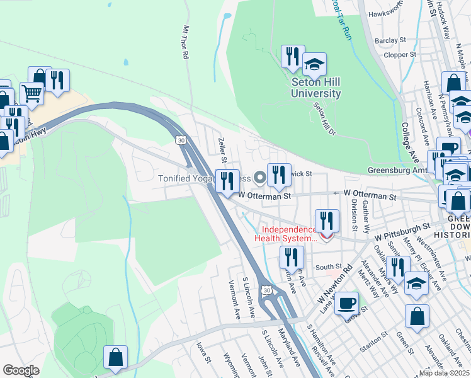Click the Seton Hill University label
315,88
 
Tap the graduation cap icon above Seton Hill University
314,64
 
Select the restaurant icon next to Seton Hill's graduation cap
293,57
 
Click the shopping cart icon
32,94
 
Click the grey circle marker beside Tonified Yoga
259,178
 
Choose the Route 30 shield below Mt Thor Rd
181,139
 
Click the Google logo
21,370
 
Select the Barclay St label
390,40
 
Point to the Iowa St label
202,353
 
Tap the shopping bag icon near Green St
417,317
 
